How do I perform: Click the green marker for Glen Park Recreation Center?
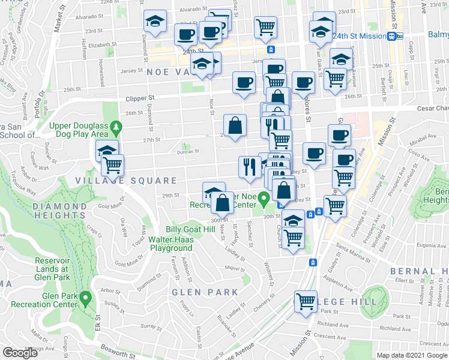click(86, 297)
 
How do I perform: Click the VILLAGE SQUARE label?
click(126, 181)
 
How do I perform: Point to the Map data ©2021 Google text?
click(411, 355)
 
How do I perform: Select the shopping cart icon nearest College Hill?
click(306, 300)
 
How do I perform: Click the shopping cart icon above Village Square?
click(112, 164)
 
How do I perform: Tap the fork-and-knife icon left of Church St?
click(249, 166)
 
